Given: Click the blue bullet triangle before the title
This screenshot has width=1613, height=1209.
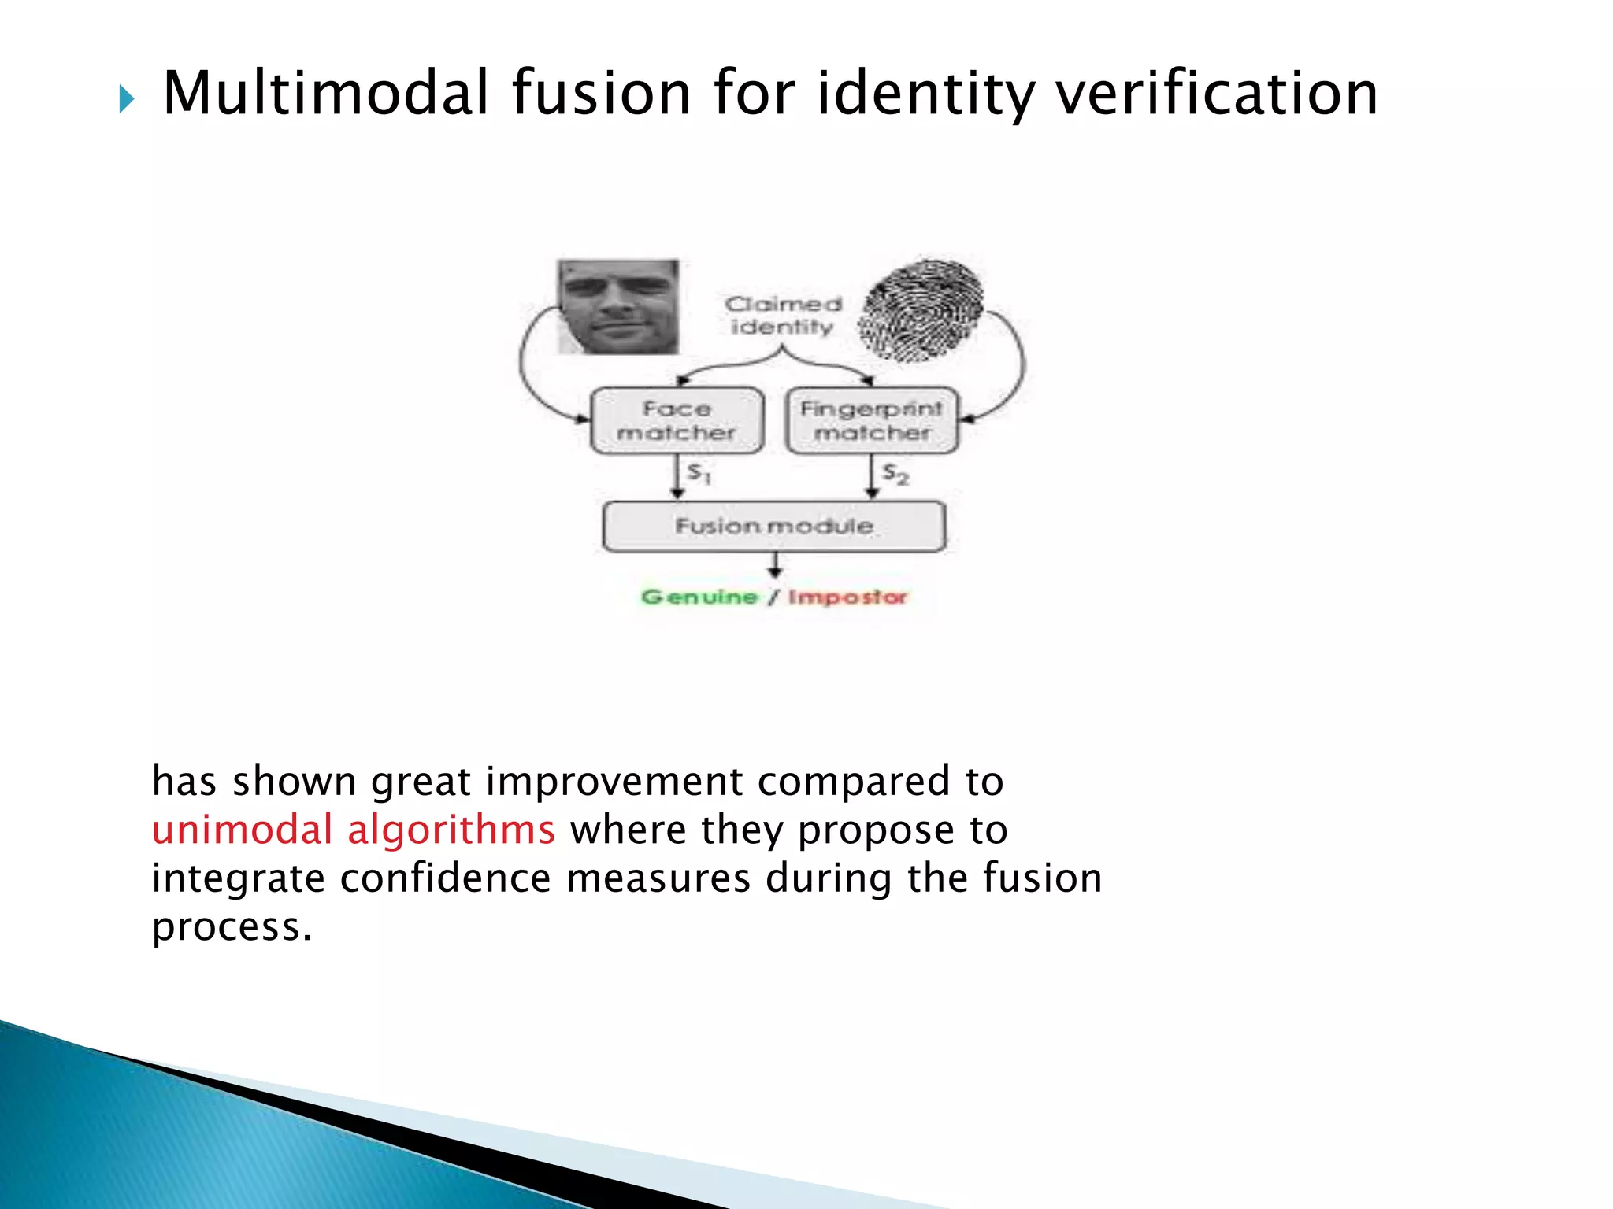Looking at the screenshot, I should coord(127,100).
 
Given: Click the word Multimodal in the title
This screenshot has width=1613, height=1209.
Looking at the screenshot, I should coord(326,94).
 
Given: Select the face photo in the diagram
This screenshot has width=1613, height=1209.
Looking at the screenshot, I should coord(618,306).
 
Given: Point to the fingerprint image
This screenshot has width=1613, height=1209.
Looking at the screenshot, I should coord(921,310).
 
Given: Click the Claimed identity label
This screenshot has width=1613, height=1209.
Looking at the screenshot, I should coord(783,315).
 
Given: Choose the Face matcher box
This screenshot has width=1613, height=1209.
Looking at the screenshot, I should coord(677,420).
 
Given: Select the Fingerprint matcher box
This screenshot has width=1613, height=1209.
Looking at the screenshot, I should coord(872,420).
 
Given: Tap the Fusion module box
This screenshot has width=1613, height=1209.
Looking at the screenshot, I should coord(774,526).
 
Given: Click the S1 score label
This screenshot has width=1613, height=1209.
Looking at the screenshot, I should coord(699,473).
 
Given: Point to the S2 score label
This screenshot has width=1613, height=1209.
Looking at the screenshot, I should coord(895,474).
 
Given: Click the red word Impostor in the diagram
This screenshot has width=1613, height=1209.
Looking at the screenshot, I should coord(847,597).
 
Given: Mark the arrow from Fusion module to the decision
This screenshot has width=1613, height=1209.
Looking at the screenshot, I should coord(775,565).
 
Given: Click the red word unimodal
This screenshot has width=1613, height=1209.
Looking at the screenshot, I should coord(243,830).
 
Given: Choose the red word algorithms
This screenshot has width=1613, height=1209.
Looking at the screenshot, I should coord(451,830).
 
